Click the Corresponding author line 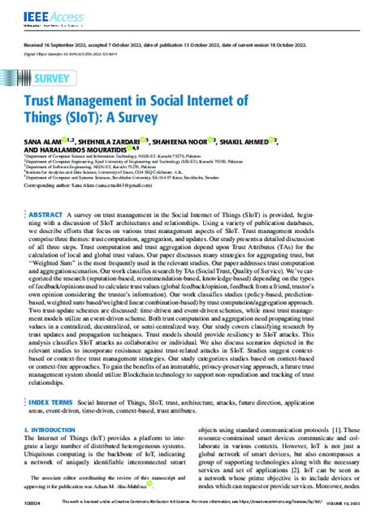[101, 197]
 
